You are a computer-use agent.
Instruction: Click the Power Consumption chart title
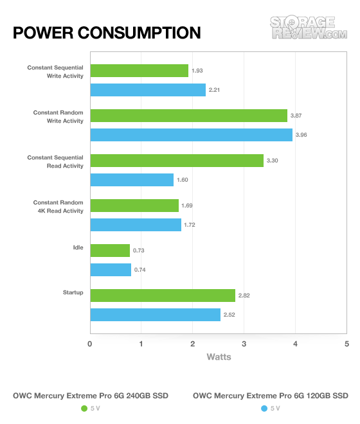tap(107, 33)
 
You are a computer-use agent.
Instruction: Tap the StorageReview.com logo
tap(309, 27)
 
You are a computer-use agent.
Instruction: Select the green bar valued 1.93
tap(139, 71)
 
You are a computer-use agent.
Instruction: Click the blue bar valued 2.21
tap(148, 90)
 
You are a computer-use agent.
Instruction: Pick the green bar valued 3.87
tap(189, 116)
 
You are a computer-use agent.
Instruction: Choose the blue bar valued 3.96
tap(192, 135)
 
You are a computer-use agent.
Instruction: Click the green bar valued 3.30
tap(177, 161)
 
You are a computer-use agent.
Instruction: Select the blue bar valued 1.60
tap(132, 180)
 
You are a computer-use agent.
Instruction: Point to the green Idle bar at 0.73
tap(110, 251)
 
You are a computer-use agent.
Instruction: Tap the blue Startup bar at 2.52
tap(156, 315)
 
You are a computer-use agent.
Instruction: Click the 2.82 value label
tap(244, 296)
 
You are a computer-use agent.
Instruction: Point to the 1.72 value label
tap(190, 225)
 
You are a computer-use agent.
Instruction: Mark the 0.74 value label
tap(139, 270)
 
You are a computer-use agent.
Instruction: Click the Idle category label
tap(78, 247)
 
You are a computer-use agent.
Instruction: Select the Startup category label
tap(73, 292)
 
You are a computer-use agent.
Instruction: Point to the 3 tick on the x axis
tap(244, 344)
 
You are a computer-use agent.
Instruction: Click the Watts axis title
tap(219, 357)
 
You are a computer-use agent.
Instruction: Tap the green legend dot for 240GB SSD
tap(84, 409)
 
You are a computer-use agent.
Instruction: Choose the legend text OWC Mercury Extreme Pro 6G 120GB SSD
tap(271, 396)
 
